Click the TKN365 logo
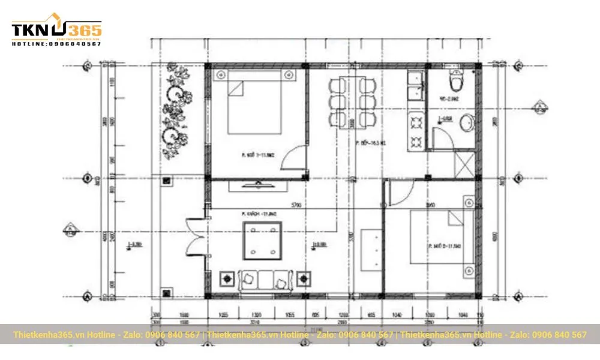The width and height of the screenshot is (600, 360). (x=56, y=31)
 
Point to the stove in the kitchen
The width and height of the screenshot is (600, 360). (x=416, y=131)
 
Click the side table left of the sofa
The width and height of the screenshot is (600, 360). (x=229, y=279)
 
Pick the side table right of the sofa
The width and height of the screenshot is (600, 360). (x=302, y=279)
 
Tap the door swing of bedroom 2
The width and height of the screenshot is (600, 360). (x=400, y=193)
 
